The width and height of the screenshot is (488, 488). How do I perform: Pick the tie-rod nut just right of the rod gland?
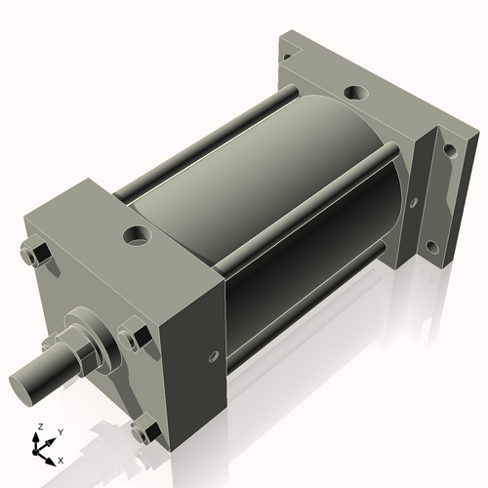[x=134, y=339]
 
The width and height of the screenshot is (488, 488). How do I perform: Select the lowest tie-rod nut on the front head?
[x=147, y=428]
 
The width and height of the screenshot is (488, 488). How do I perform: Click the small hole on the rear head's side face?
[x=414, y=203]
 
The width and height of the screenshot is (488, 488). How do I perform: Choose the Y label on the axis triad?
[x=60, y=430]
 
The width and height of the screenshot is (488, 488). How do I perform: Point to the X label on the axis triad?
[x=61, y=459]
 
